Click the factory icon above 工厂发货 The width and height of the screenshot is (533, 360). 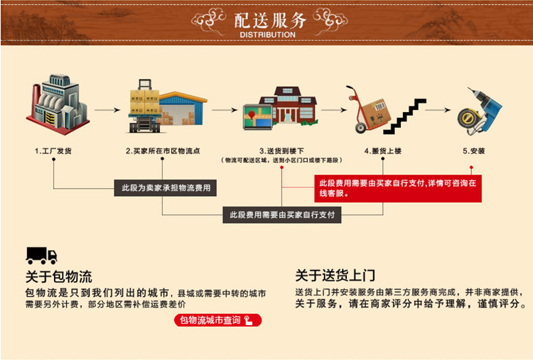pos(60,108)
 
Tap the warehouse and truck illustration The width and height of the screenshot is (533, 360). pos(167,108)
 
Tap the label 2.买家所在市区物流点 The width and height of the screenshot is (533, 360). pos(163,151)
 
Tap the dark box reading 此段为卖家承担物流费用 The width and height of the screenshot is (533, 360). pos(165,188)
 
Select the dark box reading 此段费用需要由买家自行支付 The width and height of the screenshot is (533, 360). pos(281,214)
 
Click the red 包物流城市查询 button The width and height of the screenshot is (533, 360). pos(217,321)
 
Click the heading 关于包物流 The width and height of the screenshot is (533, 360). pos(59,276)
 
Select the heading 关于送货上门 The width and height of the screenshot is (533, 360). pos(335,276)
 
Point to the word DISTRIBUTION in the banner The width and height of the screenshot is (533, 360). pos(267,35)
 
